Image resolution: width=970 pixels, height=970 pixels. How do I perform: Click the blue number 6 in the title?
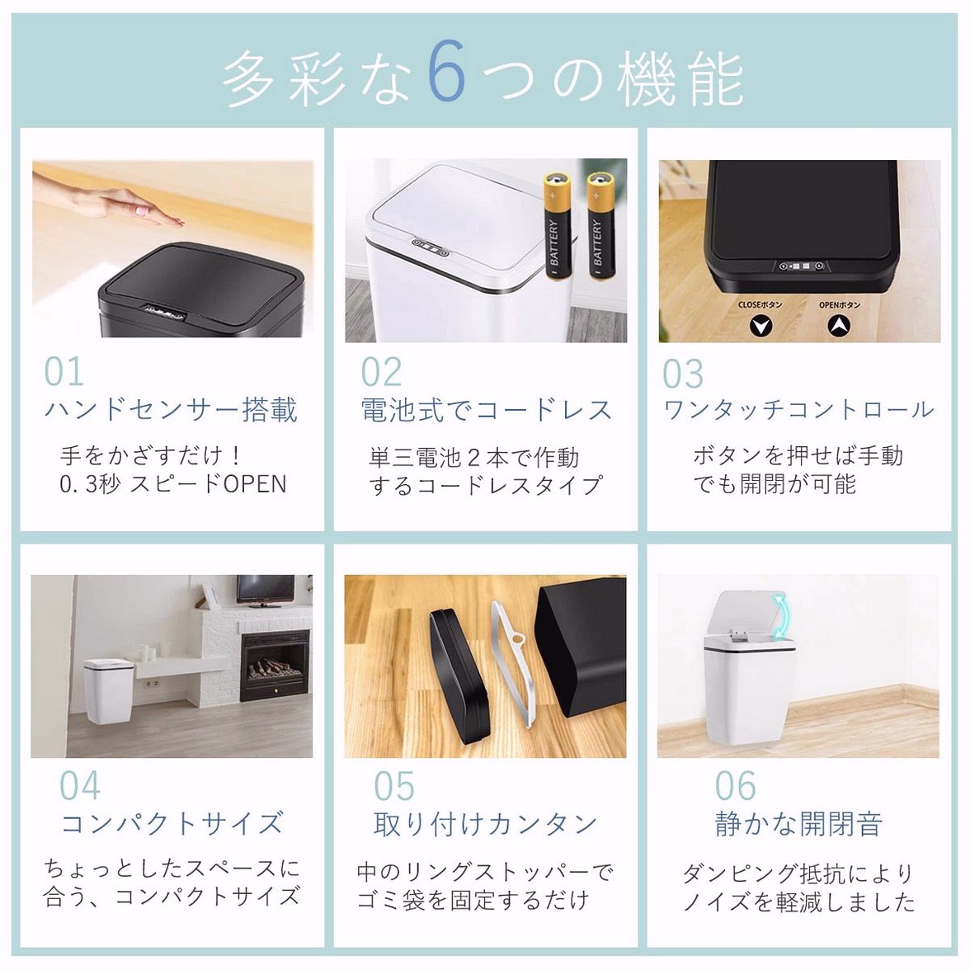pyautogui.click(x=447, y=71)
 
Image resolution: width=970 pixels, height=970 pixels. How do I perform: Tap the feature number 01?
pyautogui.click(x=64, y=372)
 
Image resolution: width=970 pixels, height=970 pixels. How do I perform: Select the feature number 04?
pyautogui.click(x=80, y=785)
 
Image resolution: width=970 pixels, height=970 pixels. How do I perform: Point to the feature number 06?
pyautogui.click(x=736, y=785)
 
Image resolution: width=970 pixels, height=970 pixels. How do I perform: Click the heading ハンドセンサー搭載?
pyautogui.click(x=172, y=409)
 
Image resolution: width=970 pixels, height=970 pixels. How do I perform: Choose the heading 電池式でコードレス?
pyautogui.click(x=487, y=409)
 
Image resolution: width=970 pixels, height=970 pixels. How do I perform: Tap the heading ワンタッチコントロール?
pyautogui.click(x=798, y=409)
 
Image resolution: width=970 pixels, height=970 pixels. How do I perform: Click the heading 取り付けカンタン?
pyautogui.click(x=485, y=824)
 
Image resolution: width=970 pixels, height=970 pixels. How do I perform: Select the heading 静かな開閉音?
pyautogui.click(x=798, y=824)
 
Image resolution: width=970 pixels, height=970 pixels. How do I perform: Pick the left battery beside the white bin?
pyautogui.click(x=558, y=226)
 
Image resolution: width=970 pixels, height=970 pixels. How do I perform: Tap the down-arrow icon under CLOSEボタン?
pyautogui.click(x=760, y=325)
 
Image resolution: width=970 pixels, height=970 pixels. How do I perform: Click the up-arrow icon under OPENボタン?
pyautogui.click(x=839, y=325)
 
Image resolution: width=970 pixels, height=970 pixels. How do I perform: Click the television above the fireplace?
pyautogui.click(x=266, y=591)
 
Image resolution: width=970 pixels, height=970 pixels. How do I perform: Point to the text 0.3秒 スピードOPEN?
pyautogui.click(x=173, y=483)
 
